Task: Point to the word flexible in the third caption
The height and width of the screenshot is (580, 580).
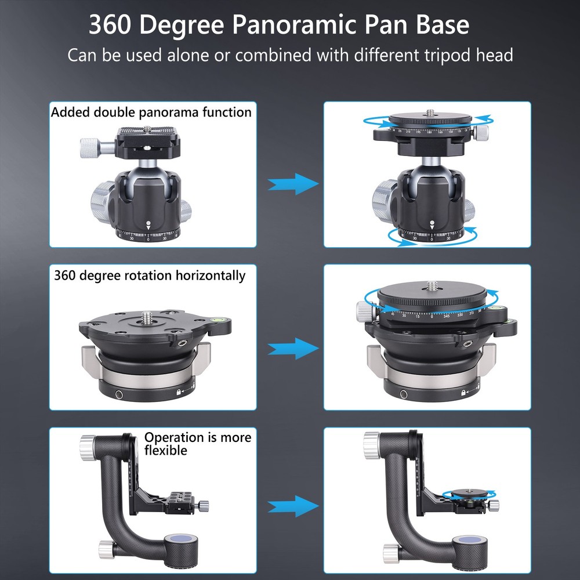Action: click(166, 450)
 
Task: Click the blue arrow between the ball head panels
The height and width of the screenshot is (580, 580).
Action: click(293, 184)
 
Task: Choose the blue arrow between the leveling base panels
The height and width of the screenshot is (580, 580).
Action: click(293, 349)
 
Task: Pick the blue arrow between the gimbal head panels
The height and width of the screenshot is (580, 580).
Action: click(293, 505)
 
